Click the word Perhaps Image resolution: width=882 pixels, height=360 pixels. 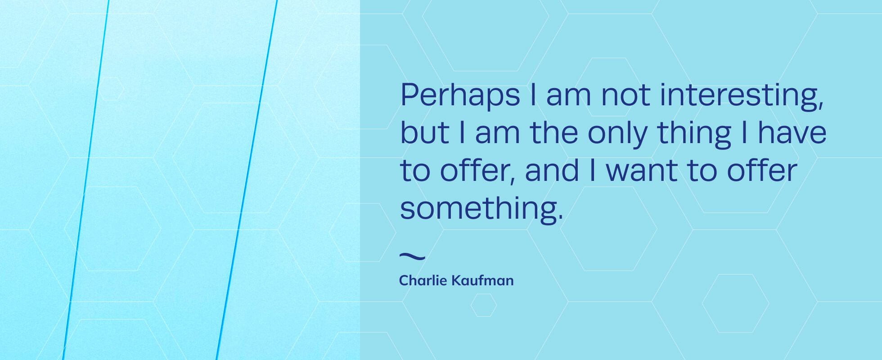(x=460, y=95)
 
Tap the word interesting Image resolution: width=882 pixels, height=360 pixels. (x=738, y=95)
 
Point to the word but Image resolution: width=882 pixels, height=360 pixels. (x=424, y=133)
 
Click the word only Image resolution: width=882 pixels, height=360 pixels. (x=617, y=133)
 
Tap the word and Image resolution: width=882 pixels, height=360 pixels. (x=552, y=171)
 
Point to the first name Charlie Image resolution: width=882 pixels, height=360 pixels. (x=423, y=281)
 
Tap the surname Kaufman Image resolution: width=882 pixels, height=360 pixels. (x=482, y=281)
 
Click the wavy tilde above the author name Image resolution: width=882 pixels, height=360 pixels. (x=412, y=257)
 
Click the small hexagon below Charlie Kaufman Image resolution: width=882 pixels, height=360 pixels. (x=483, y=305)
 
